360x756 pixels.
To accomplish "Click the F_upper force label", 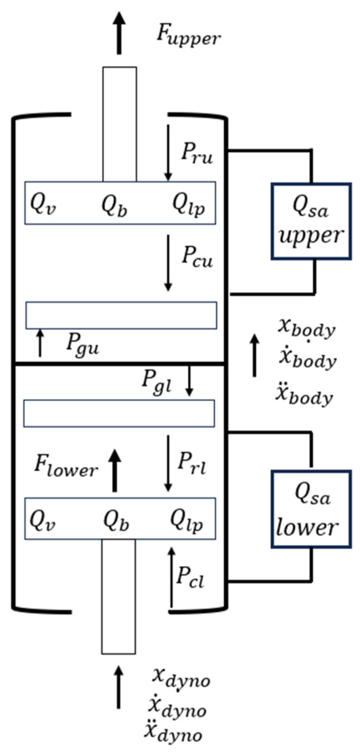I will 188,35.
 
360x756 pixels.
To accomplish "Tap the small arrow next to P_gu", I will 41,343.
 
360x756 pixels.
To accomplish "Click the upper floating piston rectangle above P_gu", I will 121,315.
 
